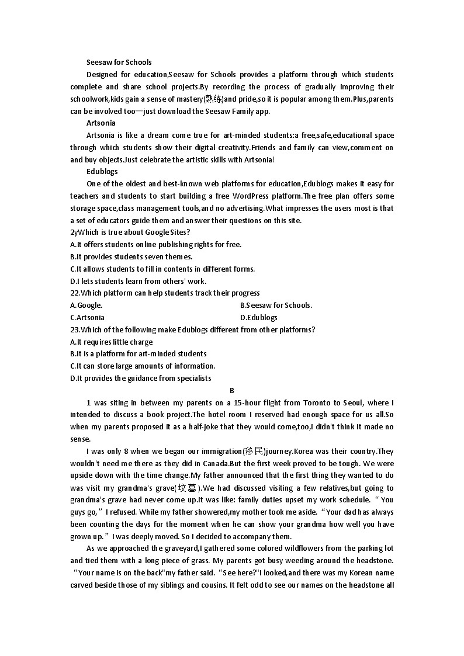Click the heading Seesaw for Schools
[119, 62]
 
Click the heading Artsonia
[101, 123]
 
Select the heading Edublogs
[102, 171]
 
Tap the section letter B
[232, 390]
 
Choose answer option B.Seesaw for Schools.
[276, 305]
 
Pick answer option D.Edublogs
[259, 317]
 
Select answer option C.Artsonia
[88, 317]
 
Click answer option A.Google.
[86, 305]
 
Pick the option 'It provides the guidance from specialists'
[141, 378]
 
